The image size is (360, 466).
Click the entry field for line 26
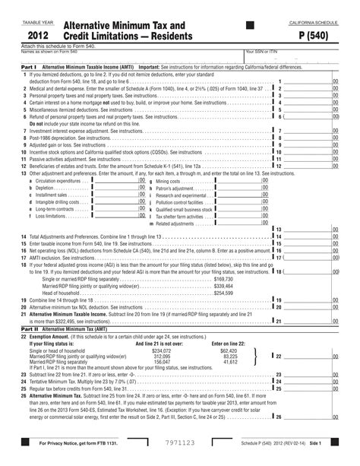(x=308, y=417)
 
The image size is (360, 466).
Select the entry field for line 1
(x=308, y=81)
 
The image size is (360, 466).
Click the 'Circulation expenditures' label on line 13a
(x=57, y=181)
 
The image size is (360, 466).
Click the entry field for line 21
(x=308, y=321)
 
